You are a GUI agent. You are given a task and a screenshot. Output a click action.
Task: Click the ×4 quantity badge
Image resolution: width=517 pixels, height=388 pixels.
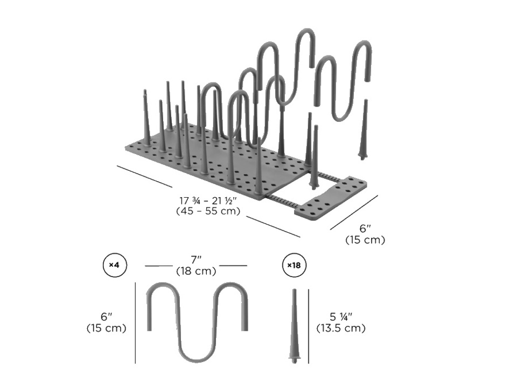point(114,265)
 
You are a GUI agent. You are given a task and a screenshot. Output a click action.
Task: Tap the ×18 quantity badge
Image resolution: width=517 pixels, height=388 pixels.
point(294,265)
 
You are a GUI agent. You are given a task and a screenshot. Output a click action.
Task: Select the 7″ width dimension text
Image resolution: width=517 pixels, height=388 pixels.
point(196,260)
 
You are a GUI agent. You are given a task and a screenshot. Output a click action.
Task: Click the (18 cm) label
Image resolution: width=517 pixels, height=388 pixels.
point(196,271)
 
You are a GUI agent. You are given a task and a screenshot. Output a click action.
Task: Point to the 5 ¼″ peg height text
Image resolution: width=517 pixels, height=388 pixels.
point(341,317)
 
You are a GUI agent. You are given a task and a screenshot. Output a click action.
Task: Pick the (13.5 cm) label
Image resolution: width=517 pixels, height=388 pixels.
point(341,328)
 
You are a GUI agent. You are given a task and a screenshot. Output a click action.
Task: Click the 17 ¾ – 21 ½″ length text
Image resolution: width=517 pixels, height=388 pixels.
point(208,200)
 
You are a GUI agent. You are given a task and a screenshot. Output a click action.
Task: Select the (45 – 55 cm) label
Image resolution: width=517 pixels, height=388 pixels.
point(208,211)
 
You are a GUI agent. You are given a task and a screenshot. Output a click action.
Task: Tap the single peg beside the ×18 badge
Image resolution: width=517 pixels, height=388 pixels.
point(294,326)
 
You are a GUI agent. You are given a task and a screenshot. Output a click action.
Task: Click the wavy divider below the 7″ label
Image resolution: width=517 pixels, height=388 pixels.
point(197,322)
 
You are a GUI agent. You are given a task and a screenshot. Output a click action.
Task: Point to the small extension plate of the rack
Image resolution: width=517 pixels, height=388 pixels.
point(330,197)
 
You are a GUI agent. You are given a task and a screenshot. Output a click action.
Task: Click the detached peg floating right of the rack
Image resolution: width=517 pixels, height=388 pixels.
point(364,130)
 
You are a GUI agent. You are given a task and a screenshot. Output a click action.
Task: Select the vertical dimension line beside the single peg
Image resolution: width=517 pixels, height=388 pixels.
point(309,327)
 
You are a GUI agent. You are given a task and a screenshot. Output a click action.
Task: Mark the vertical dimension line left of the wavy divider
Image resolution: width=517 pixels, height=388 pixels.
point(136,323)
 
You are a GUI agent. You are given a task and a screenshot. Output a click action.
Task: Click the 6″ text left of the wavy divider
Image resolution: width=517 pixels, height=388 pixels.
point(106,317)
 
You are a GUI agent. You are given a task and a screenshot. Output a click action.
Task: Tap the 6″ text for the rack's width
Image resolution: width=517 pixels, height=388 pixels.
point(365,228)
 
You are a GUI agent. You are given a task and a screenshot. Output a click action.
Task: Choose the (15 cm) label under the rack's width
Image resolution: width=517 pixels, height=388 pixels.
point(365,239)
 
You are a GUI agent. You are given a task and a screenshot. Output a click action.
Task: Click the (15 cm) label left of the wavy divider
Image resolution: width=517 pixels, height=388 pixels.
point(106,328)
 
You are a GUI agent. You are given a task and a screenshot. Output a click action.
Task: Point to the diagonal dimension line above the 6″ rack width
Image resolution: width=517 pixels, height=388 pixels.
point(354,212)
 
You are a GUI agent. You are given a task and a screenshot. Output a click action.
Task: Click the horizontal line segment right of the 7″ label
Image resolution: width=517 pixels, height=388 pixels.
point(233,265)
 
